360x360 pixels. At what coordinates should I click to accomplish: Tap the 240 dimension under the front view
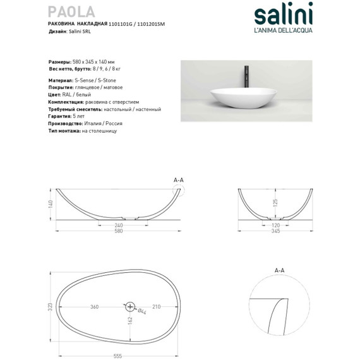point(118,225)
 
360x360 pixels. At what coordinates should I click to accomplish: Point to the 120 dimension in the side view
point(275,225)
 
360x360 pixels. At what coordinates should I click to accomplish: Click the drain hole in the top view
point(131,307)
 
